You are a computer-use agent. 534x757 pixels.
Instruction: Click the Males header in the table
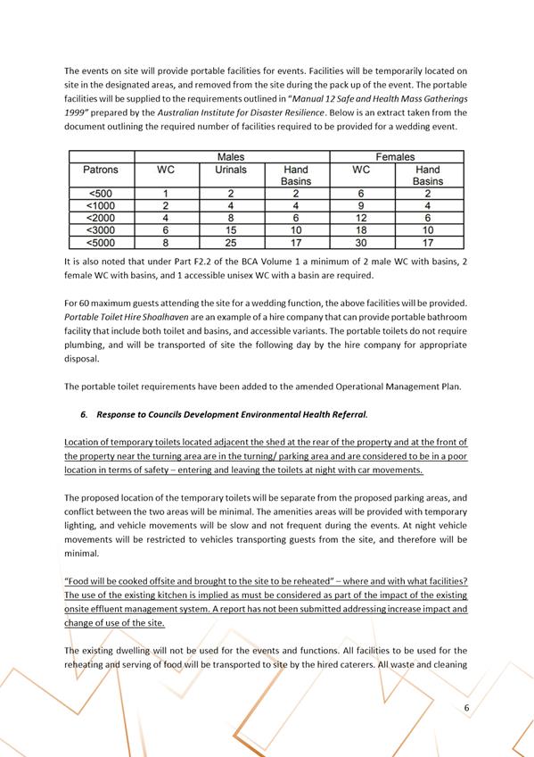[x=230, y=157]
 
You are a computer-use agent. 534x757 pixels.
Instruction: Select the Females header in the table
[x=397, y=157]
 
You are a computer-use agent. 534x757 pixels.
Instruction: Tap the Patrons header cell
[x=100, y=170]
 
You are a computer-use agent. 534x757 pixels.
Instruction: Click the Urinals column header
[x=230, y=170]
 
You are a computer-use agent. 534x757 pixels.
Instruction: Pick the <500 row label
[x=100, y=193]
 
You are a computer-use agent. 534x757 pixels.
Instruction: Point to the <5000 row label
[x=100, y=242]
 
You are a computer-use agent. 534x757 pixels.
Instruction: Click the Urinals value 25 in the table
[x=230, y=242]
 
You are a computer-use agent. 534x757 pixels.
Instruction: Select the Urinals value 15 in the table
[x=230, y=229]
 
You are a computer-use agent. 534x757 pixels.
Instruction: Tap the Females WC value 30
[x=361, y=242]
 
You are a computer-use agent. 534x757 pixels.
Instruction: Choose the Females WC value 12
[x=361, y=217]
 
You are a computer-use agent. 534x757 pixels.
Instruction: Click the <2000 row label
[x=100, y=217]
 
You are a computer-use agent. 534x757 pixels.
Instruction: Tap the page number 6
[x=466, y=708]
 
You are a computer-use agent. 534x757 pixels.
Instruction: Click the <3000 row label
[x=100, y=229]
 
